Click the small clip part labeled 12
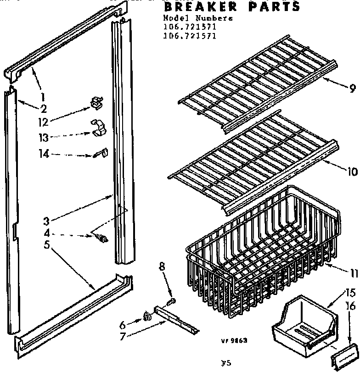[x=96, y=102]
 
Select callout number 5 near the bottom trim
[x=46, y=245]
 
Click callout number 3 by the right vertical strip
[x=46, y=221]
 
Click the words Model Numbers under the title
[x=197, y=18]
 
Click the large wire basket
[x=262, y=243]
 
